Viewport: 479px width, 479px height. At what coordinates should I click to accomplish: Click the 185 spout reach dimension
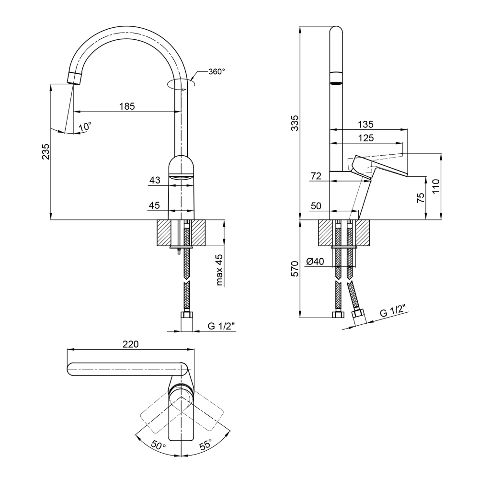pyautogui.click(x=127, y=106)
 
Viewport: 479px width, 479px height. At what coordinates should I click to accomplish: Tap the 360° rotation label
pyautogui.click(x=217, y=72)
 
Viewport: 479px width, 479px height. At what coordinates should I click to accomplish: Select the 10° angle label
pyautogui.click(x=85, y=127)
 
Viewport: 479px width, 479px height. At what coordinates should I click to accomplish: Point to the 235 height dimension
pyautogui.click(x=46, y=151)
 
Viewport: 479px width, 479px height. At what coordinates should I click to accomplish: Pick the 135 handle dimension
pyautogui.click(x=365, y=125)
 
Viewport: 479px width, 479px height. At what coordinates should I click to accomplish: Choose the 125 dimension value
pyautogui.click(x=366, y=138)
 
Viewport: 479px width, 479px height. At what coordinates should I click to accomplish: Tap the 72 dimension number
pyautogui.click(x=316, y=176)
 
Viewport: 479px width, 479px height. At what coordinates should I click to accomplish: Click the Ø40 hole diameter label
pyautogui.click(x=315, y=262)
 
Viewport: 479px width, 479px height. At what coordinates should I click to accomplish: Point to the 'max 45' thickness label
pyautogui.click(x=220, y=270)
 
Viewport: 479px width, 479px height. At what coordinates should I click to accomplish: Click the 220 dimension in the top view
pyautogui.click(x=131, y=344)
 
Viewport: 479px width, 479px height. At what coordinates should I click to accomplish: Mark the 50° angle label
pyautogui.click(x=158, y=445)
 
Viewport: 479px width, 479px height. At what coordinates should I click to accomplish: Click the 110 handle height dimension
pyautogui.click(x=436, y=186)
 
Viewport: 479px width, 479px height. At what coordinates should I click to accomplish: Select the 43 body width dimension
pyautogui.click(x=155, y=180)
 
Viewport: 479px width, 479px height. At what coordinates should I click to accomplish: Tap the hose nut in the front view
pyautogui.click(x=187, y=315)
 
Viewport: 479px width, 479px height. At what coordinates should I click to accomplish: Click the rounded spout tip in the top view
pyautogui.click(x=71, y=369)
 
